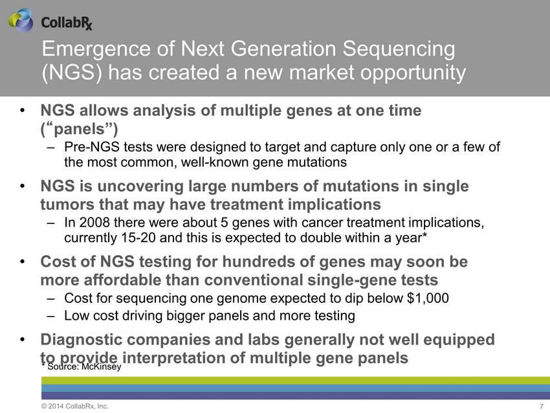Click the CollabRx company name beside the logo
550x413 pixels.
tap(67, 23)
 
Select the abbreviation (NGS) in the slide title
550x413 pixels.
tap(72, 73)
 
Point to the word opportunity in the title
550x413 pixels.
tap(413, 73)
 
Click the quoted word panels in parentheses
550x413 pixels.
tap(80, 129)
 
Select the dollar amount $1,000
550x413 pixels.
tap(428, 298)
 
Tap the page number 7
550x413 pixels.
tap(541, 407)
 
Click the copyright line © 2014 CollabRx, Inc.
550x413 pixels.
tap(74, 407)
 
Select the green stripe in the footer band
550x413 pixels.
tap(295, 381)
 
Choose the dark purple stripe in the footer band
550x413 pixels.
tap(295, 396)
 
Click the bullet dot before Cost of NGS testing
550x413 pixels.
tap(23, 262)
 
